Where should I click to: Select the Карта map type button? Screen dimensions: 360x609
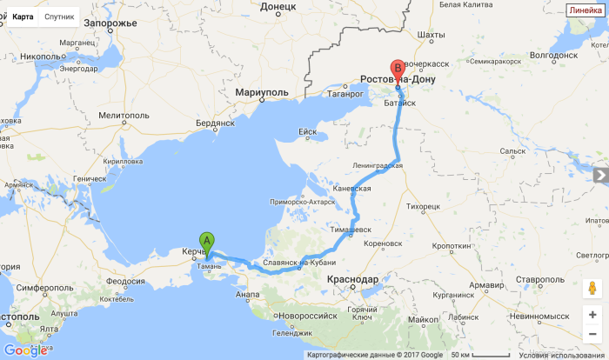[23, 17]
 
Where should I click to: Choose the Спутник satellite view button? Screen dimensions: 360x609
[58, 17]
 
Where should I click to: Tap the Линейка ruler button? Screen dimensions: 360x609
[585, 10]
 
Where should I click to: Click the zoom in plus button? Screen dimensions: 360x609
[592, 315]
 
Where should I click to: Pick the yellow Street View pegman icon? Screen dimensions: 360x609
[592, 288]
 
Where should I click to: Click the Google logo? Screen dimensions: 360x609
[25, 350]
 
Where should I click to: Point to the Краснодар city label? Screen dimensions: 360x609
[352, 279]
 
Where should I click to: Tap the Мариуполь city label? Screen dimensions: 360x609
[261, 91]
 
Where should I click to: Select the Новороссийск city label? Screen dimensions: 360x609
[305, 315]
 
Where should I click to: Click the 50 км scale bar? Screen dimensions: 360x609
[480, 355]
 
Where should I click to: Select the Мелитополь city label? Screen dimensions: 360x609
[124, 115]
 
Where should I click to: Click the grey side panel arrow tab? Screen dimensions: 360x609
[600, 176]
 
